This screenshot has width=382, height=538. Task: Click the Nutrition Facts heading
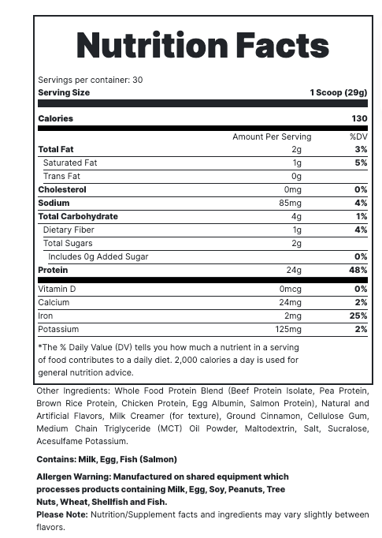coord(202,46)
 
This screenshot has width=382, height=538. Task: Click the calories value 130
coord(359,118)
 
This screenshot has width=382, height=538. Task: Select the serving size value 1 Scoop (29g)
coord(338,92)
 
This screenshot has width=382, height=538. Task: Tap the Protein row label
coord(53,270)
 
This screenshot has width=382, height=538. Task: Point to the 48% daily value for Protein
coord(358,270)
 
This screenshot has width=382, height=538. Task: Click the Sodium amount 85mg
coord(291,203)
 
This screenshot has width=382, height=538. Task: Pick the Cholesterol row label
coord(62,189)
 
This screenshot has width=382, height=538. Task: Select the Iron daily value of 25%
coord(360,316)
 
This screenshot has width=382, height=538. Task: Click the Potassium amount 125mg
coord(288,329)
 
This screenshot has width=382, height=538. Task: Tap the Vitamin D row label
coord(57,289)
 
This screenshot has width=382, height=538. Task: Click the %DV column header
coord(358,136)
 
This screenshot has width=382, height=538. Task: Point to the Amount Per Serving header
coord(272,136)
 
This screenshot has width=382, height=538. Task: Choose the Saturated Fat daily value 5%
coord(361,163)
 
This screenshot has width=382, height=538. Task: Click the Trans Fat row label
coord(61,176)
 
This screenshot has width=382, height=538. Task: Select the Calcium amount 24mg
coord(290,302)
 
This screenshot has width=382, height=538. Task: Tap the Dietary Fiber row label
coord(69,230)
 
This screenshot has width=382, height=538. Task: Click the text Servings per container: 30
coord(91,80)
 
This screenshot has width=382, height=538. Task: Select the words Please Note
coord(62,514)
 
